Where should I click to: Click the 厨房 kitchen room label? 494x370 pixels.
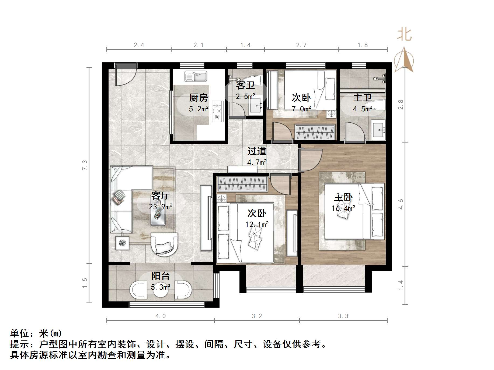[199, 98]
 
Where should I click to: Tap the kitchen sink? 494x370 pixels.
[196, 76]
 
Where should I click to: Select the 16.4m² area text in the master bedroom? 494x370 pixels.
[343, 208]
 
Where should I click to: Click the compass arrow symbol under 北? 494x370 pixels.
[404, 61]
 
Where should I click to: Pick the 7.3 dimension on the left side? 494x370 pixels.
[85, 165]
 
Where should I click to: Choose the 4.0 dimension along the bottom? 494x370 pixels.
[161, 316]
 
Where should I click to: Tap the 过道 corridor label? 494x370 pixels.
[257, 151]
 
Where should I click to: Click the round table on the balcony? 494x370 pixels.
[161, 290]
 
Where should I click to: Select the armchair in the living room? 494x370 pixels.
[164, 244]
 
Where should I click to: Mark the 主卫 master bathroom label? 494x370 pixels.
[362, 97]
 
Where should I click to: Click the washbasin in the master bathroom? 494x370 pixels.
[378, 130]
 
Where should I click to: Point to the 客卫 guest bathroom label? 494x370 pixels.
[245, 86]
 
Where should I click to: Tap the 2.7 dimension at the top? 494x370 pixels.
[301, 45]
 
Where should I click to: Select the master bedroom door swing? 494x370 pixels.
[310, 159]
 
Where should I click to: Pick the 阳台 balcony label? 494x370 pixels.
[161, 276]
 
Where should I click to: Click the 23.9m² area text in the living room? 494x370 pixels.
[161, 207]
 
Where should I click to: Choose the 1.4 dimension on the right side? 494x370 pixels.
[401, 285]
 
